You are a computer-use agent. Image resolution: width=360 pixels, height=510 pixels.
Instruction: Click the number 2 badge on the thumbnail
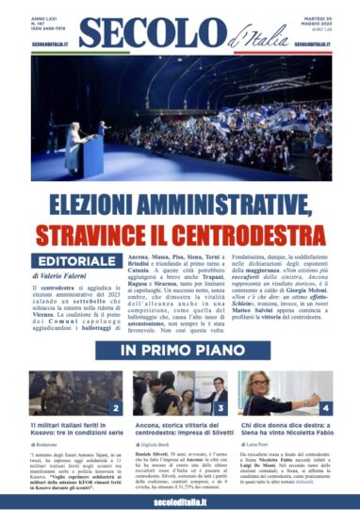click(115, 408)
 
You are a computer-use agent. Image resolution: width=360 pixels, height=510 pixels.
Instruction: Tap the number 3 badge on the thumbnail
click(220, 408)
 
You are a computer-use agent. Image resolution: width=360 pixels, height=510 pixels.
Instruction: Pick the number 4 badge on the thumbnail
click(325, 408)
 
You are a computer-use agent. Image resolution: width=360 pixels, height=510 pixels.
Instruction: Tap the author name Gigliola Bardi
click(162, 442)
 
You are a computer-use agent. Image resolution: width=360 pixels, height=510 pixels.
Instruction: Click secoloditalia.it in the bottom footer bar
click(180, 500)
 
